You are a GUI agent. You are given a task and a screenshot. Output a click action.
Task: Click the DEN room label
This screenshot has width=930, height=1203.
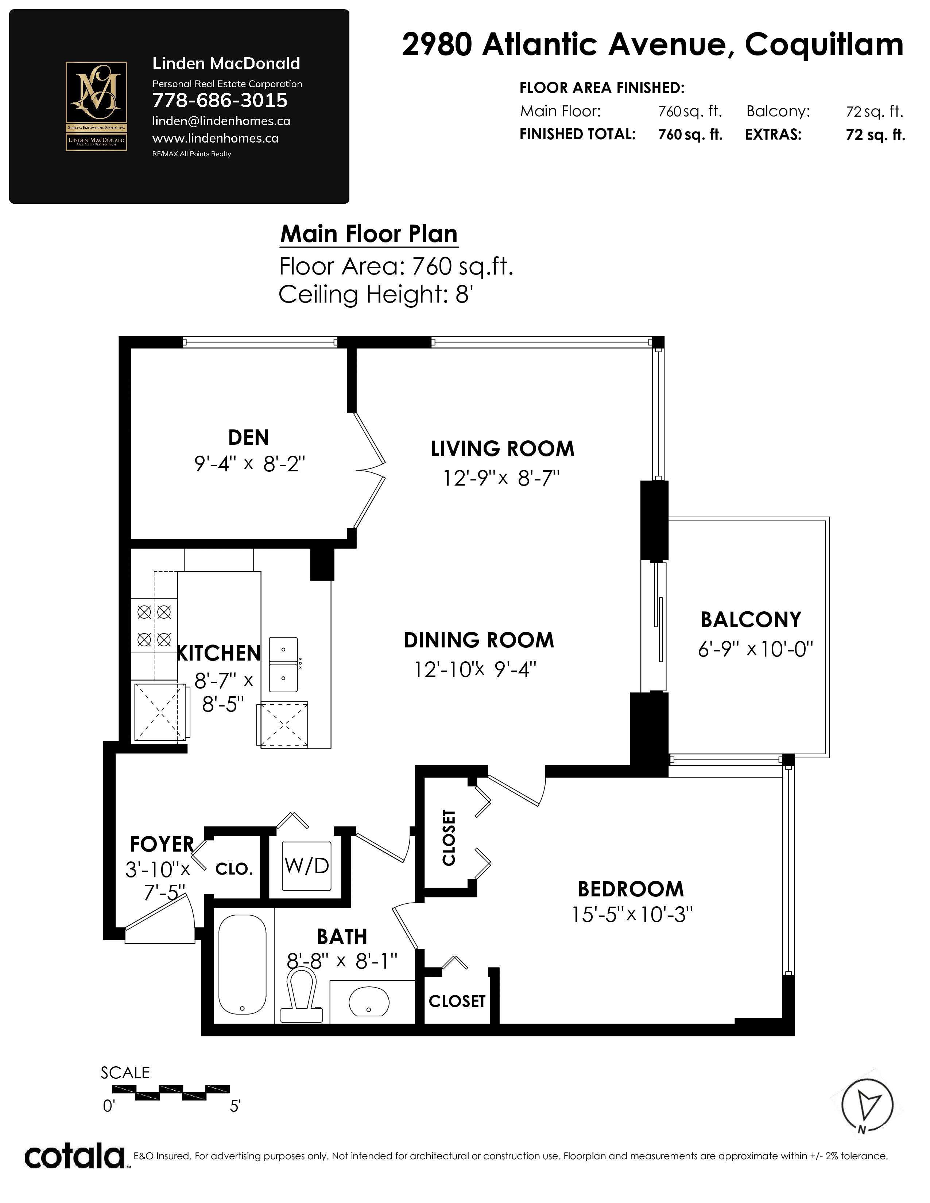pos(248,437)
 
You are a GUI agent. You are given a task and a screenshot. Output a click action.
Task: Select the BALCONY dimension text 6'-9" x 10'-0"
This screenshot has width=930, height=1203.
pos(755,649)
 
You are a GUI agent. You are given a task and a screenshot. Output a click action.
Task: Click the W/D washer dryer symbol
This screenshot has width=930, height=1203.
pos(307,866)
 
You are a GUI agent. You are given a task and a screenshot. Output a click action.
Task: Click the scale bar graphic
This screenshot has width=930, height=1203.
pos(171,1092)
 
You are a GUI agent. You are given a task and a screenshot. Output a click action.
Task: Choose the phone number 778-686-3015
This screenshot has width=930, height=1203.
pos(220,100)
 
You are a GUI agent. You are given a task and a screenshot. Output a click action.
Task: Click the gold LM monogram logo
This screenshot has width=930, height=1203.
pos(96,106)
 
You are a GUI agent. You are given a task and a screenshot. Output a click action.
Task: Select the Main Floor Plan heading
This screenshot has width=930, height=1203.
pos(369,234)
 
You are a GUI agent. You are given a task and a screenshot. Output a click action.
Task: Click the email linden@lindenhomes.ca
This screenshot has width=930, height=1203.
pos(221,121)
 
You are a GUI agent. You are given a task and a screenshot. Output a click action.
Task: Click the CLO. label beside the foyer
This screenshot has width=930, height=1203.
pos(234,869)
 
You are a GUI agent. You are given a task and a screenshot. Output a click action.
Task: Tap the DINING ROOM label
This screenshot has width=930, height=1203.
pos(479,640)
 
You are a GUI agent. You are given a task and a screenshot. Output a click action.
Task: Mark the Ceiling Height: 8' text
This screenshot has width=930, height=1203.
pos(376,295)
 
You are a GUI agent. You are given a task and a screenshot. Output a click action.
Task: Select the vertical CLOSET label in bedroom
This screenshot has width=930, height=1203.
pos(449,837)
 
